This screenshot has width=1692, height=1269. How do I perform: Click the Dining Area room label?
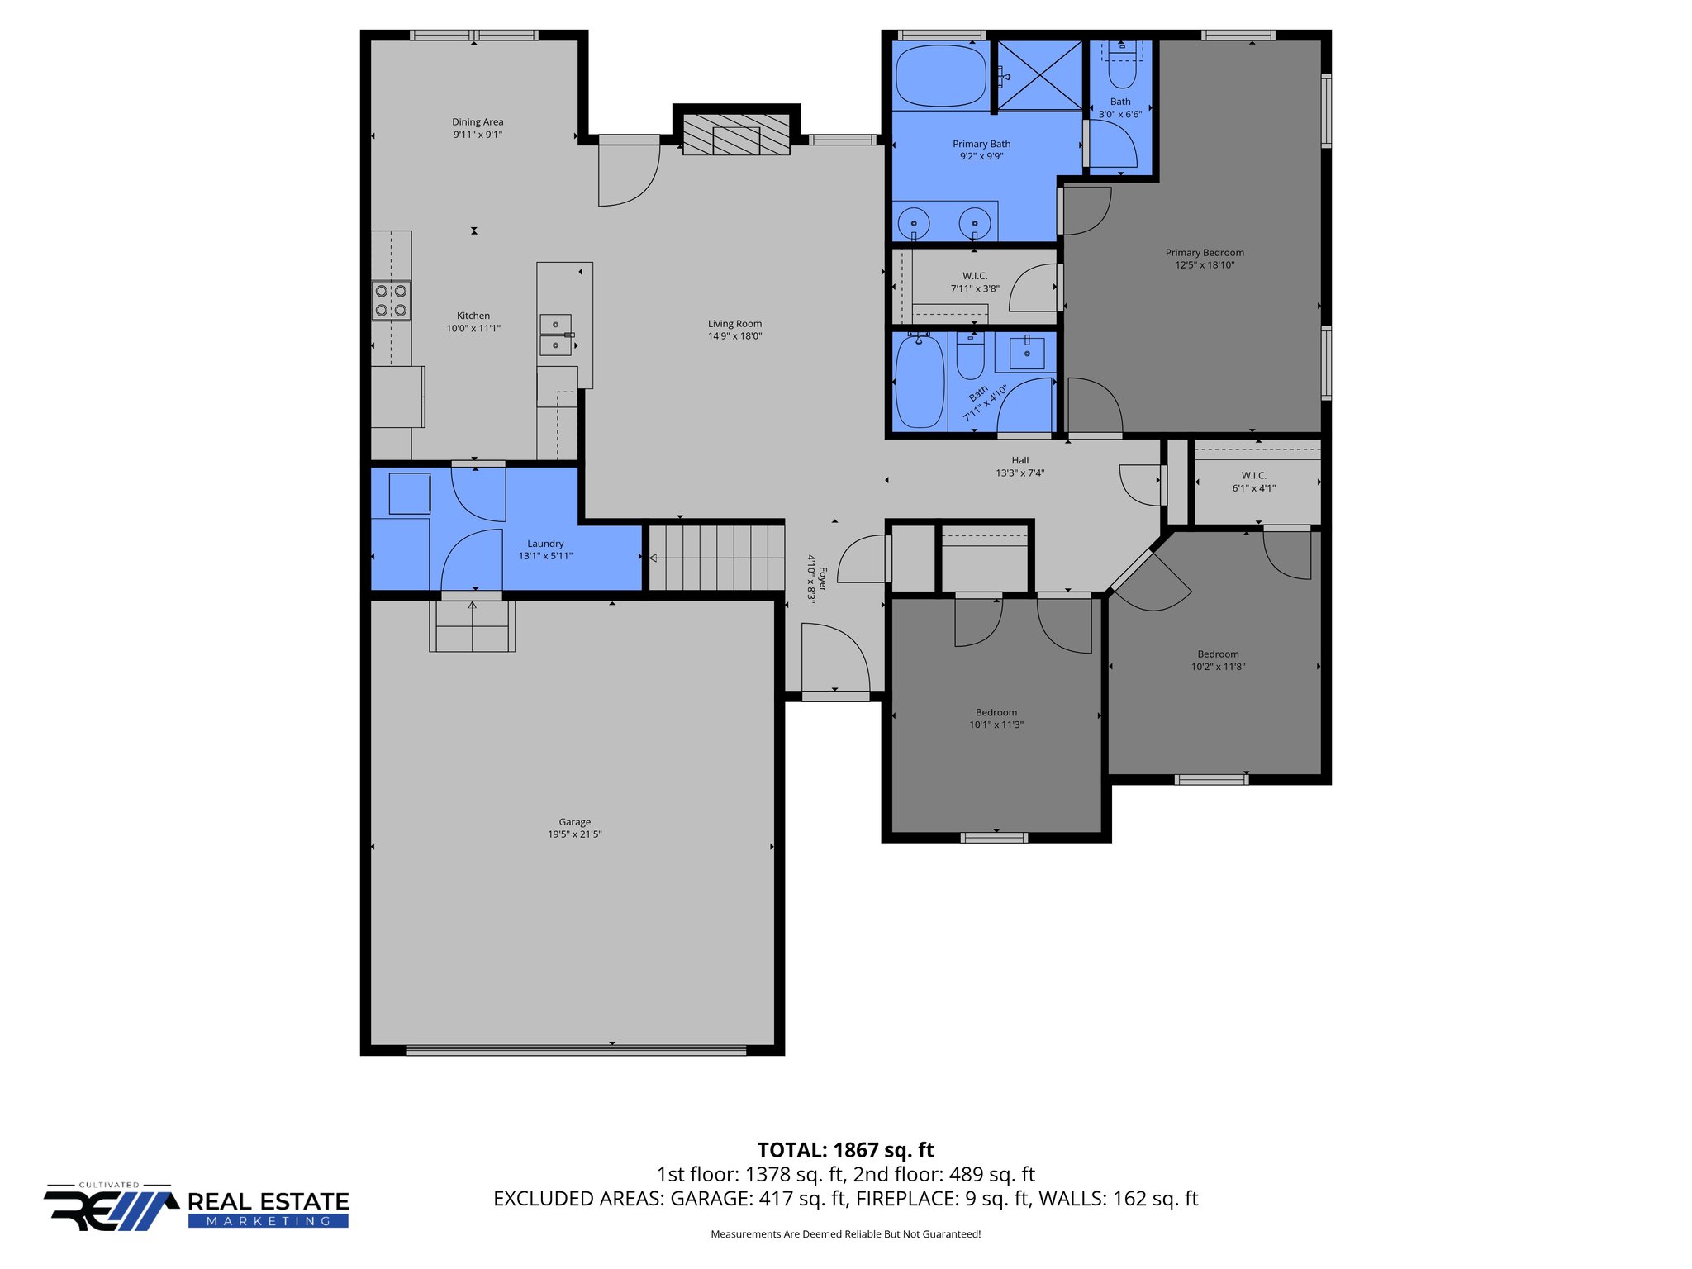(478, 122)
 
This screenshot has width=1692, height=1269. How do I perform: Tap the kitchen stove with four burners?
(391, 301)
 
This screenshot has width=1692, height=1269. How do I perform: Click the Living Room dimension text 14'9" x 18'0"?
(734, 336)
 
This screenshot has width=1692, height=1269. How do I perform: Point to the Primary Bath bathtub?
(941, 75)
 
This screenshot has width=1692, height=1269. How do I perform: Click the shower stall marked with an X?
(1040, 75)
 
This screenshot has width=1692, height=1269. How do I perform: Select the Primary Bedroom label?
(1205, 253)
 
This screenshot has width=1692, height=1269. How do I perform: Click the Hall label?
(1020, 460)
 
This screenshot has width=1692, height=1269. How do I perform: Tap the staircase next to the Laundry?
(715, 558)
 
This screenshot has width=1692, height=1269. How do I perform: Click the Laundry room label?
(545, 544)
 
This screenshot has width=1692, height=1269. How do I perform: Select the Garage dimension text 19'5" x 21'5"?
(574, 834)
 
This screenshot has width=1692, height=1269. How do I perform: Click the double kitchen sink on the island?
(555, 335)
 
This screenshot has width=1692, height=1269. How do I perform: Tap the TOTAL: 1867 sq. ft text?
(845, 1150)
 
